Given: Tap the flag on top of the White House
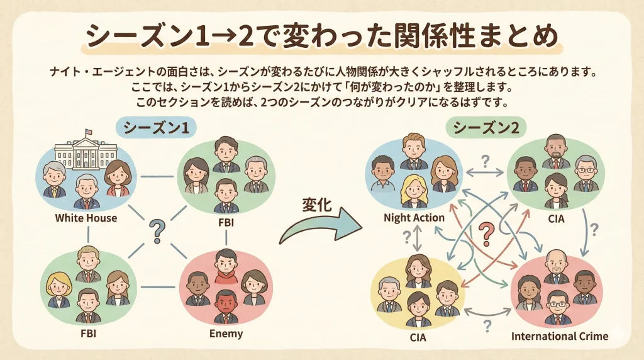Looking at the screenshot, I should coord(88,133).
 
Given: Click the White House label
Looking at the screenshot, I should coord(86,218).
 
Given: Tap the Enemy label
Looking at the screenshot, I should coord(226,332).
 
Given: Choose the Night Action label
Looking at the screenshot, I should coord(414,218).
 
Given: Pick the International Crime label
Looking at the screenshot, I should coord(559,336).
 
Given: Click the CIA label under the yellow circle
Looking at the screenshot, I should coord(418,337).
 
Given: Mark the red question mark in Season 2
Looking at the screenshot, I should coord(485,233).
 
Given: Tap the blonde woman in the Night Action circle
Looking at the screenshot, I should coord(414,190).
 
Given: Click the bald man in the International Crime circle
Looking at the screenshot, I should coord(556,267).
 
